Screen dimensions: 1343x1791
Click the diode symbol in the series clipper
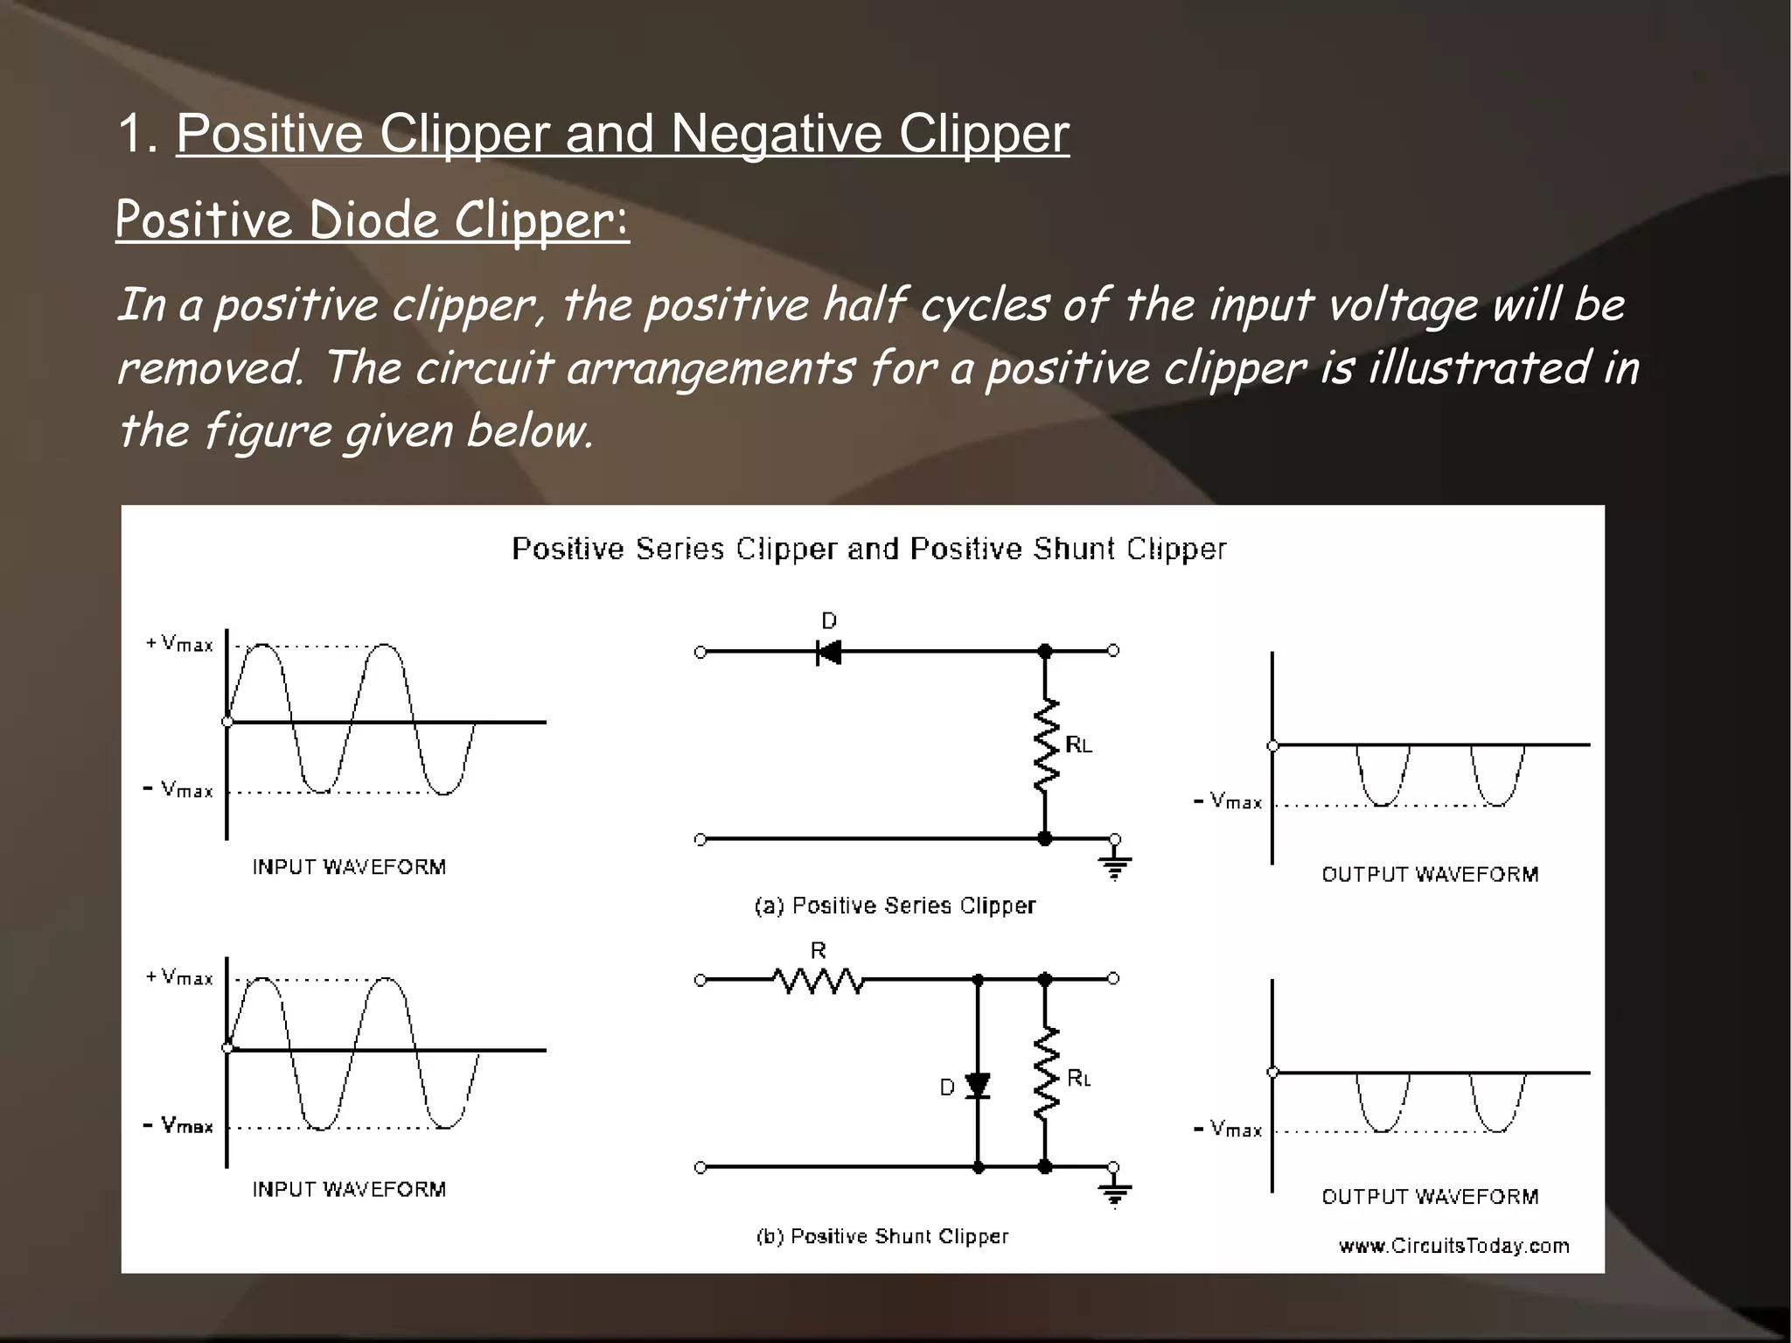coord(828,652)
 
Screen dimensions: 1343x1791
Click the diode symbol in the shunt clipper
coord(978,1086)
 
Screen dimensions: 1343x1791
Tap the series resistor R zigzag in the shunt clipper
coord(819,981)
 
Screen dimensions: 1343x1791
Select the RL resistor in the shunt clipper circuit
coord(1046,1074)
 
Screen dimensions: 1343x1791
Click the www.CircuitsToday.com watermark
coord(1453,1246)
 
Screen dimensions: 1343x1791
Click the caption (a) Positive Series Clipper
coord(895,906)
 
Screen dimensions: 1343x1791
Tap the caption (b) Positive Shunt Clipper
coord(882,1236)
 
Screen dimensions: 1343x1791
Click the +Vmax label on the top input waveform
coord(179,644)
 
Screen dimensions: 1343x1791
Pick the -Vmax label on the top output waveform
coord(1228,801)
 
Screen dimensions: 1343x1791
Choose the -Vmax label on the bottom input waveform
coord(178,1125)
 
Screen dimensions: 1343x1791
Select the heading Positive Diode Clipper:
coord(372,220)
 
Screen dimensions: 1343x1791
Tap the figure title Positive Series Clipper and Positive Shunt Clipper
coord(868,549)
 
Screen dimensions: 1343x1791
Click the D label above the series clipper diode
coord(829,620)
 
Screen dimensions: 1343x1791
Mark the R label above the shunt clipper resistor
coord(819,950)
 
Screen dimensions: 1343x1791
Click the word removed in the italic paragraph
coord(210,368)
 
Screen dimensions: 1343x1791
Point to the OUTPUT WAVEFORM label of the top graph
coord(1430,874)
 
